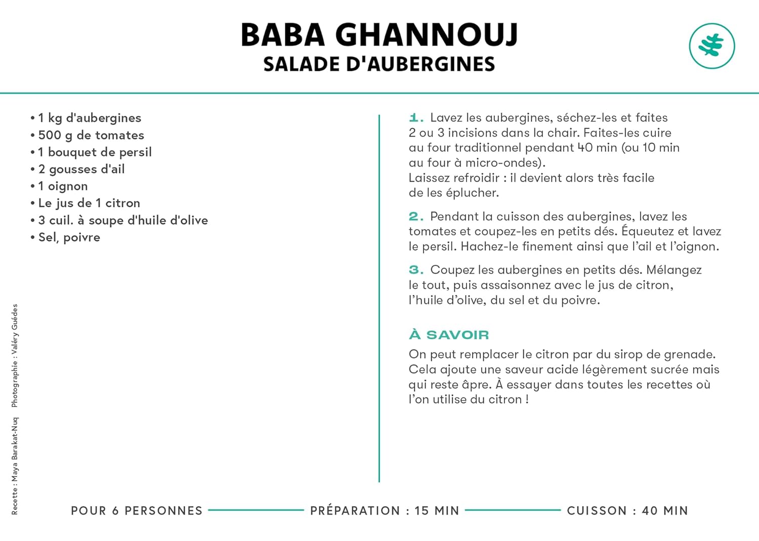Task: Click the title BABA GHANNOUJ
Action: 379,35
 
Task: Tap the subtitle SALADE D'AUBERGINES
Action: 379,64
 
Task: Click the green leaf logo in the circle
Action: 712,46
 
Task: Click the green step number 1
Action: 415,118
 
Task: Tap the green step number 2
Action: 415,216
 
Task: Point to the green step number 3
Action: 415,270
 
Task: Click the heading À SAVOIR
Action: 449,335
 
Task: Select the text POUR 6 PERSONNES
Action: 137,511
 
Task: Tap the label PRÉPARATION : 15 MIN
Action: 385,511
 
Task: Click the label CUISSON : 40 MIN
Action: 627,511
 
